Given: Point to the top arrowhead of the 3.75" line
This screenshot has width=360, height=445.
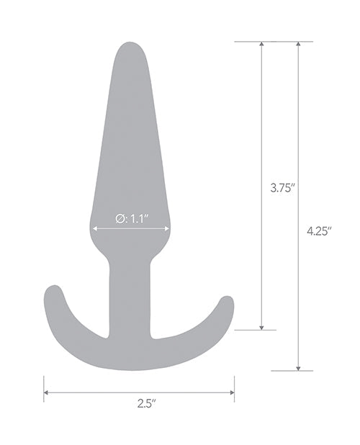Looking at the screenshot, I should coord(261,45).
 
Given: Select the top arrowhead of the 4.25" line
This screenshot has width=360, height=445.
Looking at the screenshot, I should coord(297,45).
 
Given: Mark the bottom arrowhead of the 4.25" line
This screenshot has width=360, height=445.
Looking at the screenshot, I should coord(297,367).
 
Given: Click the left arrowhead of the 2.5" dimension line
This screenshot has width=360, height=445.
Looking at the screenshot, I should coord(47,392).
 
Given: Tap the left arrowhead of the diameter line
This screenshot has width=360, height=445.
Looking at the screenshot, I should coord(94,230).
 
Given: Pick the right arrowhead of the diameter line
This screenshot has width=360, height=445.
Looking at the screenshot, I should coord(167,230).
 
